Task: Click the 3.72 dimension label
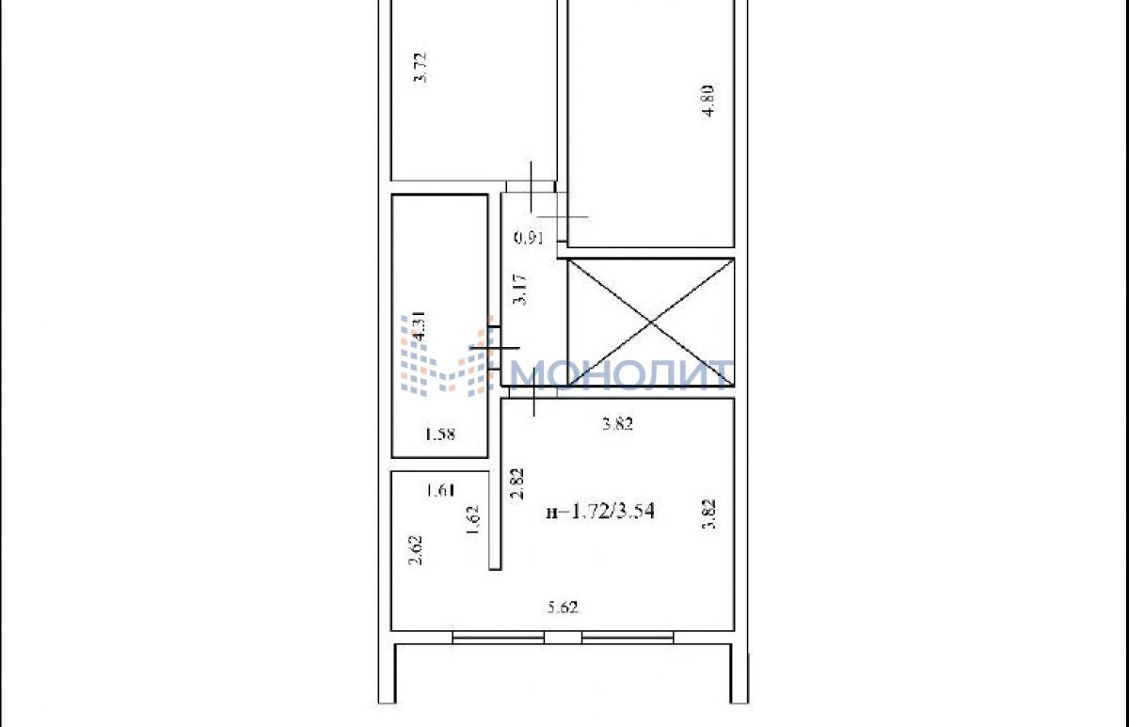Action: (420, 68)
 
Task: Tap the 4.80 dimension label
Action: (708, 102)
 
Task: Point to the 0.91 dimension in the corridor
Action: (529, 237)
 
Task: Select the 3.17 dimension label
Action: (519, 290)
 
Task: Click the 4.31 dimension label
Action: (420, 327)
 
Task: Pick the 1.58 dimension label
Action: (440, 435)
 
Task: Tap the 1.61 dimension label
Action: (441, 490)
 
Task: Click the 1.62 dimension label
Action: (472, 521)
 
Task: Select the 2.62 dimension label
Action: (415, 550)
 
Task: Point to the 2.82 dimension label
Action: (517, 484)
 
